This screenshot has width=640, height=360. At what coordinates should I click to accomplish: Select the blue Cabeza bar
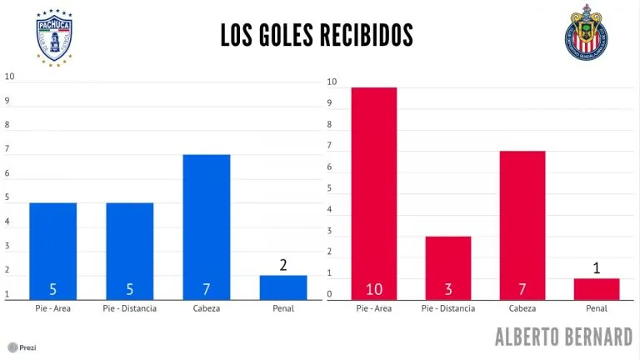pos(206,225)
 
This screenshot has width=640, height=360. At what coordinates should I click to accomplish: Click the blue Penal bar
pos(283,287)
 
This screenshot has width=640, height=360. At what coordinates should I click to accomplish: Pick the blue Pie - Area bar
pos(52,250)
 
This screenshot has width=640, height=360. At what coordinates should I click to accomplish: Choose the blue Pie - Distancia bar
pos(129,250)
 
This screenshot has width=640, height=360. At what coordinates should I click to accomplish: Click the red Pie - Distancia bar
pos(447,267)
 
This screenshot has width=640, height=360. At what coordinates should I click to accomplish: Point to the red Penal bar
pos(597,287)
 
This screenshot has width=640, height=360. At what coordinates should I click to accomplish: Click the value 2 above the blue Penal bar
pos(283,265)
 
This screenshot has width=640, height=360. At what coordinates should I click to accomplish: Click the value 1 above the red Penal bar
pos(597,268)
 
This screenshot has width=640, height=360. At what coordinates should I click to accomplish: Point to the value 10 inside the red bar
pos(374,289)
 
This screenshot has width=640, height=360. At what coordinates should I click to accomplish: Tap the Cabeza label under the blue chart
pos(206,309)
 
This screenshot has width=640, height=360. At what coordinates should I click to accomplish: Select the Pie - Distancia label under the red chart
pos(447,309)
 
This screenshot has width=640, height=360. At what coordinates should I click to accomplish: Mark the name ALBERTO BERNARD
pos(563,337)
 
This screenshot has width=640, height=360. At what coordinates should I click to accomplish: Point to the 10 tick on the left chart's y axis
pos(10,77)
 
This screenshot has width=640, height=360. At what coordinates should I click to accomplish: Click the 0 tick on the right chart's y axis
pos(332,294)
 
